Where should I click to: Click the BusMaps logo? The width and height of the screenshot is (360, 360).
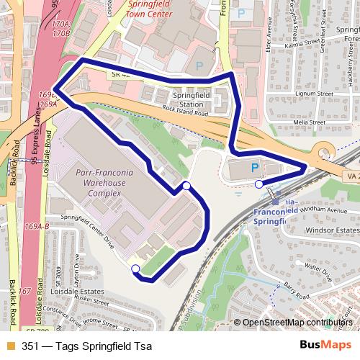point(325,345)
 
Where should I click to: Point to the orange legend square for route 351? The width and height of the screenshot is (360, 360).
point(9,346)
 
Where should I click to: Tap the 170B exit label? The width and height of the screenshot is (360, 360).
point(61,33)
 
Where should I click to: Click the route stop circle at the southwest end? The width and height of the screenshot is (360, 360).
point(135,269)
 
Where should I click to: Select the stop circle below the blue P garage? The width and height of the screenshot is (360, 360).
point(258,184)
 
